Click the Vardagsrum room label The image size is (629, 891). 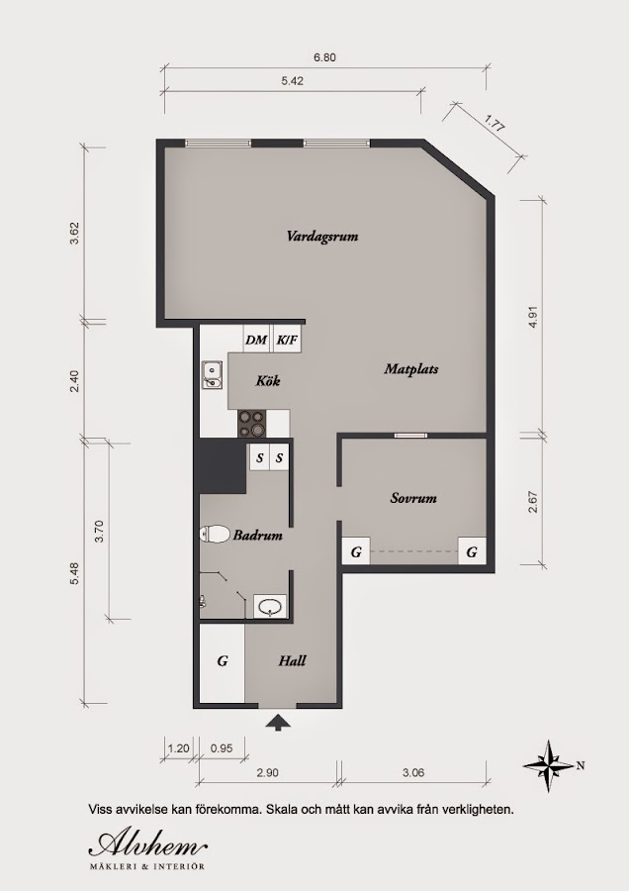pos(321,237)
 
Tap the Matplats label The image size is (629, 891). pos(411,369)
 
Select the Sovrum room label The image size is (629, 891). pos(413,498)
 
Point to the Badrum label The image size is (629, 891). pos(258,536)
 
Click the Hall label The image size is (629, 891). pos(292,660)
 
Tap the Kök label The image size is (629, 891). pos(268,380)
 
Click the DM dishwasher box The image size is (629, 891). pos(257,340)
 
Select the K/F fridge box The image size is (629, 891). pos(287,340)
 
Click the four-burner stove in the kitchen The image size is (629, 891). pos(252,424)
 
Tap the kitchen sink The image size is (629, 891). pos(212,375)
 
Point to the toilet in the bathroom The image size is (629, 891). pos(213,535)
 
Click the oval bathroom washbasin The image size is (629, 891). pos(270,606)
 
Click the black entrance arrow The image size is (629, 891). pos(278,723)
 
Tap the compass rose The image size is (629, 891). pos(548,766)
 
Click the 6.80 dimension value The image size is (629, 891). pos(324,56)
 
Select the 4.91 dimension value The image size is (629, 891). pos(533,318)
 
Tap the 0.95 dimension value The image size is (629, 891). pos(222,748)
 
